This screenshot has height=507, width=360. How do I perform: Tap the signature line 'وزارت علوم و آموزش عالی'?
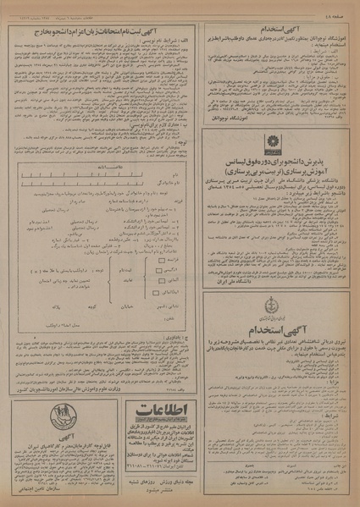[x=68, y=390]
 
